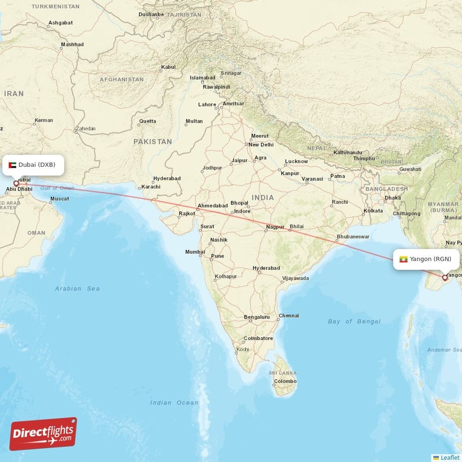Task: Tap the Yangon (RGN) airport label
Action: pos(427,259)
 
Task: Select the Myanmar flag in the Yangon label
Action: pos(403,259)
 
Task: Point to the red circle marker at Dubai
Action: pos(16,184)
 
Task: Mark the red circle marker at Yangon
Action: pos(444,278)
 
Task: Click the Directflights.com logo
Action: pos(43,434)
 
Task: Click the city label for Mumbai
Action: pos(195,252)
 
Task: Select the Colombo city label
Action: pos(285,381)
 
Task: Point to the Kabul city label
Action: pos(169,67)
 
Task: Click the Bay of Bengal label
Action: pos(354,321)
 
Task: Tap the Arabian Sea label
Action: pos(77,288)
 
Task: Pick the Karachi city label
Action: pos(151,187)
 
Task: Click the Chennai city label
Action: pos(289,316)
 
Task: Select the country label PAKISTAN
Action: pos(152,141)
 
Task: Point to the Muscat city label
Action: pos(59,199)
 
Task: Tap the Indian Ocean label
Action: pos(174,403)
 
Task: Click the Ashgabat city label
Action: pos(61,23)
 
